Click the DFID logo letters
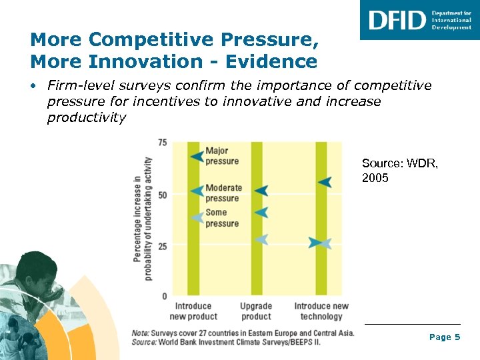[397, 20]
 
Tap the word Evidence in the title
[274, 62]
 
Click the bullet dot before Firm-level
[33, 86]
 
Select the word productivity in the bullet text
[86, 118]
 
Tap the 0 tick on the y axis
[165, 295]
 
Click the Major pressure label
[222, 156]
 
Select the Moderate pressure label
[223, 193]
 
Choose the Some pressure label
[222, 218]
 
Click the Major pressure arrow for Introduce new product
[197, 156]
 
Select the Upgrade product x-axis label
[256, 311]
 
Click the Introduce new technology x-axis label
[321, 311]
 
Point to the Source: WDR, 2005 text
[400, 171]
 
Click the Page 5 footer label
[445, 337]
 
